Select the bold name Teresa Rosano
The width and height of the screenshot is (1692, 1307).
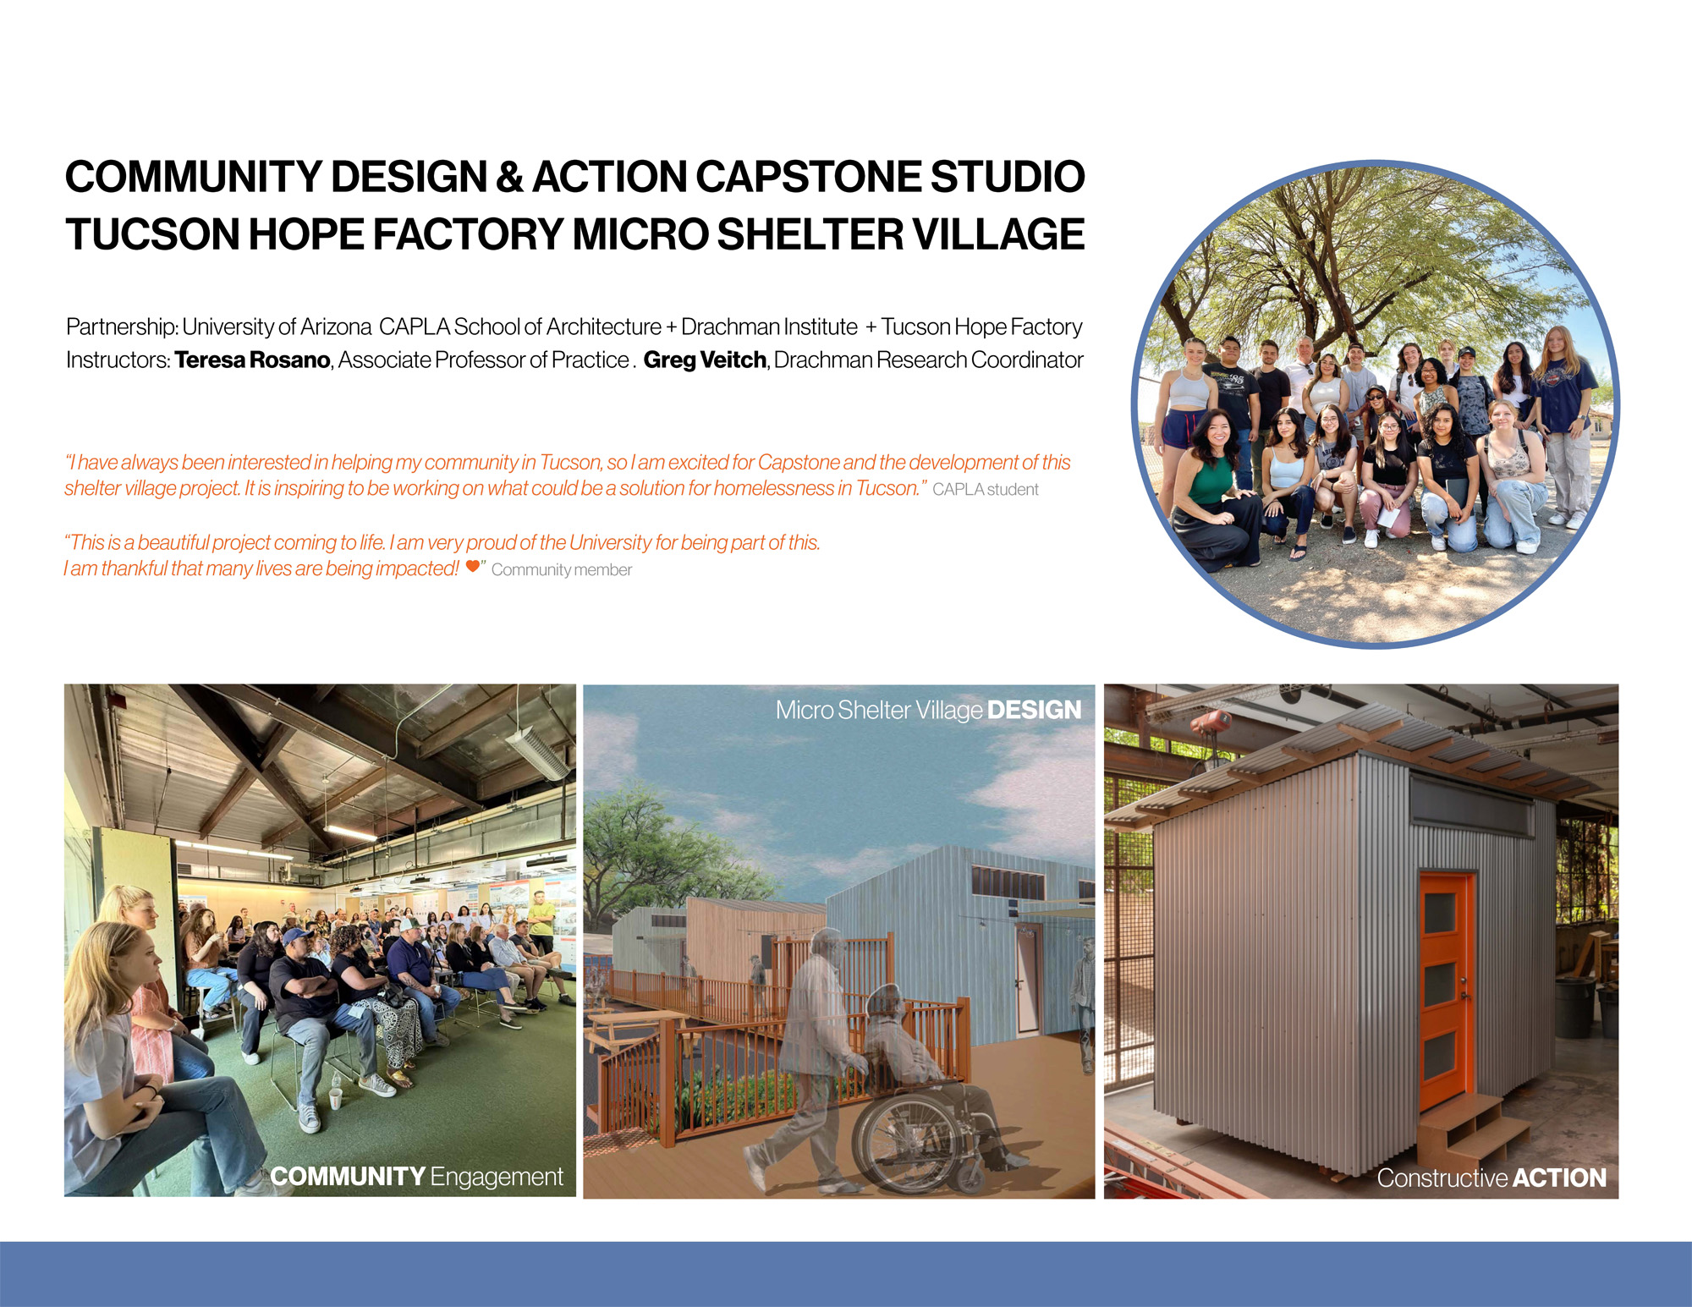click(x=252, y=360)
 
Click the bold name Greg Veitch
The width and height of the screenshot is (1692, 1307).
click(x=705, y=360)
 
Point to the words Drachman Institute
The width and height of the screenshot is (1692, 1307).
click(x=769, y=327)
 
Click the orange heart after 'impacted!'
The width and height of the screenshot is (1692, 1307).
click(x=473, y=566)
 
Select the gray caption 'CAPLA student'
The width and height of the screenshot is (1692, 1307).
click(x=986, y=490)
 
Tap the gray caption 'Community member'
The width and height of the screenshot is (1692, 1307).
click(x=562, y=570)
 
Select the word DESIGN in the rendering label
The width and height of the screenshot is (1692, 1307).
click(x=1034, y=710)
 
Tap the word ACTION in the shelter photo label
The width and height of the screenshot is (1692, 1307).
click(x=1559, y=1178)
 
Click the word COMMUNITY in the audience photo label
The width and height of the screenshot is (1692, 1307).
click(x=348, y=1176)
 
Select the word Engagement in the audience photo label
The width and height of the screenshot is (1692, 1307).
click(x=497, y=1178)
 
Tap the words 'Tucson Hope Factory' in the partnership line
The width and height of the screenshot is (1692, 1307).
click(x=982, y=327)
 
